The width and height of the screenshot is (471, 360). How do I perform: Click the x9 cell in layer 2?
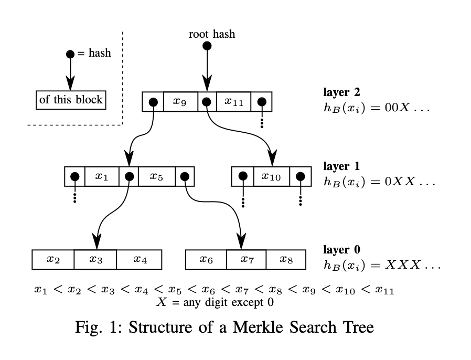180,102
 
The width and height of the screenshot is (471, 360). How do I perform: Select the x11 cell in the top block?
233,102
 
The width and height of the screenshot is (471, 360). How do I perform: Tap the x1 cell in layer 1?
102,177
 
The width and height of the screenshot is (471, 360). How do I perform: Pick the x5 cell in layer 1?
156,177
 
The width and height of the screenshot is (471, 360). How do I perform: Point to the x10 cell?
271,177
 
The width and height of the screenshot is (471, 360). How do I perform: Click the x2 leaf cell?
53,259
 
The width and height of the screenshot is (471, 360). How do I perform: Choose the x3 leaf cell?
95,259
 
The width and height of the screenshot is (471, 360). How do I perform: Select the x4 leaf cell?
138,259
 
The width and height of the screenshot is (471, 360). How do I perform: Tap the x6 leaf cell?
206,259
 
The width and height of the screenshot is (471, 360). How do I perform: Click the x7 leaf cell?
247,259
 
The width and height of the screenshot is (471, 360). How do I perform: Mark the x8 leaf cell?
286,259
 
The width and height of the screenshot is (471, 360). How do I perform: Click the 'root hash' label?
212,35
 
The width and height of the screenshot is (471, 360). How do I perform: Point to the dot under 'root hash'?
207,46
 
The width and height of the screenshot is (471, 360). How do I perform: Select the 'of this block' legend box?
71,100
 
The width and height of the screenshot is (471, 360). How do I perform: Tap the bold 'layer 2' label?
341,92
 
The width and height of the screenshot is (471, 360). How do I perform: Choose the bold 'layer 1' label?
341,167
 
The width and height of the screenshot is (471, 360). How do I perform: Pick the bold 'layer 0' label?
341,249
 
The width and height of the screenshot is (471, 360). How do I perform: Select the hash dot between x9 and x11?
207,102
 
